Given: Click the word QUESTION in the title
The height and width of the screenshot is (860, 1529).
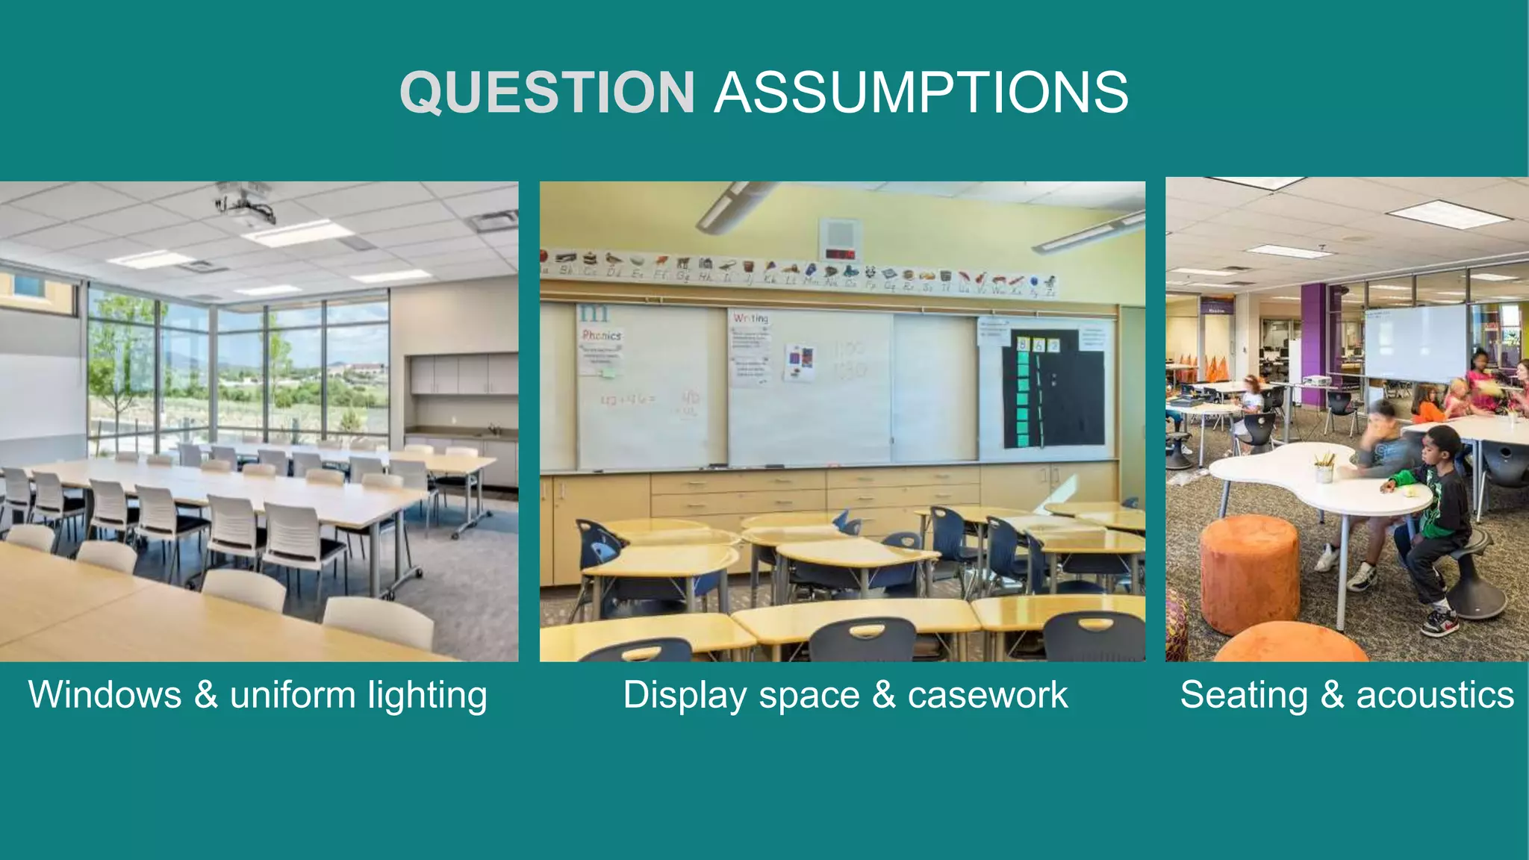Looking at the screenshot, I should (x=547, y=93).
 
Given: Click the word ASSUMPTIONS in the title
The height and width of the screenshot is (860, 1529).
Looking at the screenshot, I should (x=921, y=93).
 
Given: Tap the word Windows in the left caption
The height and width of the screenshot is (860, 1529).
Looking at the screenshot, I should (x=105, y=695).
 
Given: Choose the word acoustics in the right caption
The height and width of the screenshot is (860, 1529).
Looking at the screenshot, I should (x=1435, y=695).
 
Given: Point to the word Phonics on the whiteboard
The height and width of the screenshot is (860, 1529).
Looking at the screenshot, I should (x=602, y=335).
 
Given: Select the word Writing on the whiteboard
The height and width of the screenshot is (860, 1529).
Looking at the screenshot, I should (x=750, y=318).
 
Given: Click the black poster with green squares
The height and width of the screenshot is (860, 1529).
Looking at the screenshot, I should (x=1053, y=389).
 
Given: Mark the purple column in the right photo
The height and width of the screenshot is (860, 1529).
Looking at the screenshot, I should (x=1315, y=343).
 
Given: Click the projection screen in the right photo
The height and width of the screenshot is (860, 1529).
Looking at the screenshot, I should (x=1415, y=342).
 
